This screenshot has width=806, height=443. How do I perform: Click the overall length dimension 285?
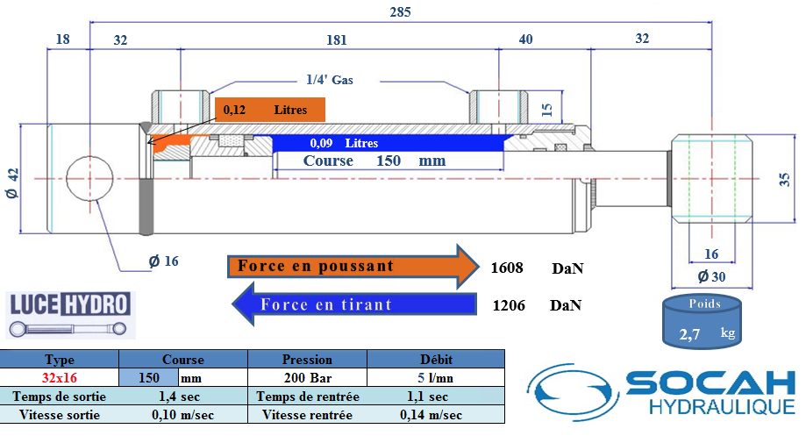400,12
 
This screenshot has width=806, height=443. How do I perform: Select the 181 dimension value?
337,40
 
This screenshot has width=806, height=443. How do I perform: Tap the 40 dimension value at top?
525,40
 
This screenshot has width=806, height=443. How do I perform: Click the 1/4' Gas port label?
330,80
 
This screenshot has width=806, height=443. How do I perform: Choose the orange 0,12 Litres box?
270,110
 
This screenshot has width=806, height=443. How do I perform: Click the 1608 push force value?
508,267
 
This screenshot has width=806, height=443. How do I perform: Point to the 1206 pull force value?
508,305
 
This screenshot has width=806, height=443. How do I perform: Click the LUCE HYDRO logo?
69,314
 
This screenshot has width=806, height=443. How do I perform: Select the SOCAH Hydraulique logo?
661,393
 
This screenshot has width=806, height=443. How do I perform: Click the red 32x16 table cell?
60,377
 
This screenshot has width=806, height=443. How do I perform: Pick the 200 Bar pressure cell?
307,377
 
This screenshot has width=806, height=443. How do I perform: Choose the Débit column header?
436,359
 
